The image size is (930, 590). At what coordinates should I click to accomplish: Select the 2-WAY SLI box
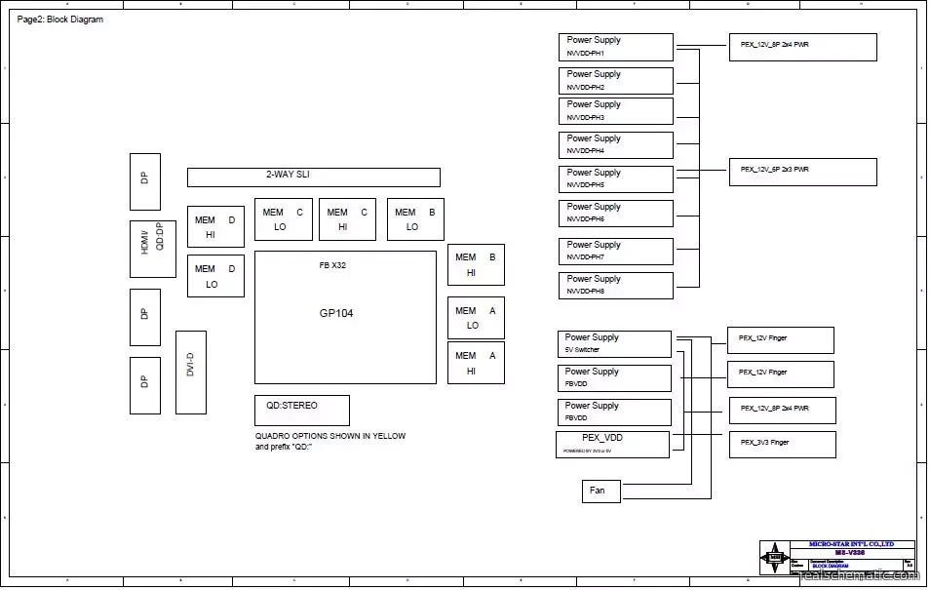pyautogui.click(x=313, y=177)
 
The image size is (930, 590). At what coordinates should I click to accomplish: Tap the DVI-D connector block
pyautogui.click(x=191, y=373)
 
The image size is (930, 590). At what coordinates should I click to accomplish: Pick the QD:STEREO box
pyautogui.click(x=301, y=410)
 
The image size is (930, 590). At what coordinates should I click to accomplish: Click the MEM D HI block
pyautogui.click(x=215, y=226)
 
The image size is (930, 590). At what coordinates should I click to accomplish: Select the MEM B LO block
pyautogui.click(x=416, y=219)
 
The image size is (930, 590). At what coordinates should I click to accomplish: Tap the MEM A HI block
pyautogui.click(x=476, y=363)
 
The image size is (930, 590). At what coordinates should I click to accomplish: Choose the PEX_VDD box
pyautogui.click(x=613, y=444)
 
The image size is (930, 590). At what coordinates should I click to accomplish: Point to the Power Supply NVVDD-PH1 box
pyautogui.click(x=615, y=47)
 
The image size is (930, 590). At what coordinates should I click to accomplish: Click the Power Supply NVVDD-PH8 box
pyautogui.click(x=615, y=285)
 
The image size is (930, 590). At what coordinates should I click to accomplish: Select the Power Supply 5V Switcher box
pyautogui.click(x=614, y=343)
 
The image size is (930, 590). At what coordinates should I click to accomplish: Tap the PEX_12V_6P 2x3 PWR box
pyautogui.click(x=802, y=172)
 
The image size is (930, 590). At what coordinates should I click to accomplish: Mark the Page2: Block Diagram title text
pyautogui.click(x=60, y=20)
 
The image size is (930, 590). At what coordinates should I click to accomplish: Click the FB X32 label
pyautogui.click(x=332, y=265)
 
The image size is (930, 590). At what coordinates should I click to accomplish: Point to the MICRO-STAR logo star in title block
pyautogui.click(x=776, y=560)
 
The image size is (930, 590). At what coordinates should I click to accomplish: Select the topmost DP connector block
pyautogui.click(x=145, y=181)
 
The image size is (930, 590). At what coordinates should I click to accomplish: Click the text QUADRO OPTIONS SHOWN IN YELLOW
pyautogui.click(x=330, y=436)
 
